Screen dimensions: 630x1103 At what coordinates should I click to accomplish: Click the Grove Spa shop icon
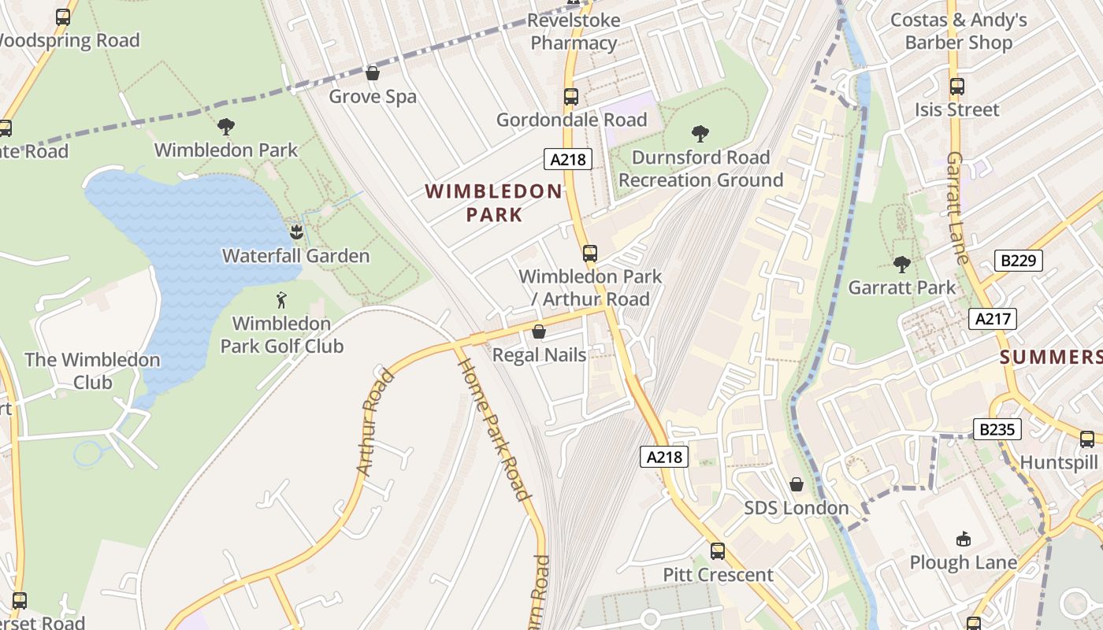click(x=373, y=73)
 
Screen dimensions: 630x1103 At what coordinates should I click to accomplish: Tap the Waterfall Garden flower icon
click(x=296, y=232)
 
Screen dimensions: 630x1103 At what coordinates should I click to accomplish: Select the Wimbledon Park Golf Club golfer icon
click(x=281, y=300)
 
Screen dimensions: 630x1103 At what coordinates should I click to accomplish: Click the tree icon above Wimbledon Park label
click(x=226, y=126)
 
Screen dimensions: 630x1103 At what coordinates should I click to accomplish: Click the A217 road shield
click(x=993, y=319)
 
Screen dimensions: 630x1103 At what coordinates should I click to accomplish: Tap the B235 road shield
click(x=998, y=429)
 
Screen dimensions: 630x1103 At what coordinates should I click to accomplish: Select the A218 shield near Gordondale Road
click(x=567, y=159)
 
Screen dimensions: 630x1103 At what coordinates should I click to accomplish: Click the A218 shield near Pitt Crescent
click(x=664, y=457)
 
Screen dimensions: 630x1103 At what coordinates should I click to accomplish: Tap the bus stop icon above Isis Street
click(x=957, y=87)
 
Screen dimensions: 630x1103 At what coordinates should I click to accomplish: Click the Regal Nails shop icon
click(x=539, y=332)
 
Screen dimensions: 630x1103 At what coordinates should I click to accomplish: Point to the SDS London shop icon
click(x=797, y=484)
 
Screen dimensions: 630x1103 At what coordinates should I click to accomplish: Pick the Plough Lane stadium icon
click(x=963, y=539)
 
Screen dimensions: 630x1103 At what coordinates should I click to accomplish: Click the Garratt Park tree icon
click(x=901, y=265)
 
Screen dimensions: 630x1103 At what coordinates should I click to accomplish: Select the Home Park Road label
click(x=493, y=429)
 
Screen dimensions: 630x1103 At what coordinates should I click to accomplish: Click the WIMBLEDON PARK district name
click(x=494, y=202)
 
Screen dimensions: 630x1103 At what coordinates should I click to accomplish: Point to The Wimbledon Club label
click(x=92, y=371)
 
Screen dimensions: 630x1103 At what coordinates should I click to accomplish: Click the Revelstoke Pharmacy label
click(x=574, y=31)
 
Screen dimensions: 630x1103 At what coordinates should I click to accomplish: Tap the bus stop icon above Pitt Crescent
click(x=718, y=551)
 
